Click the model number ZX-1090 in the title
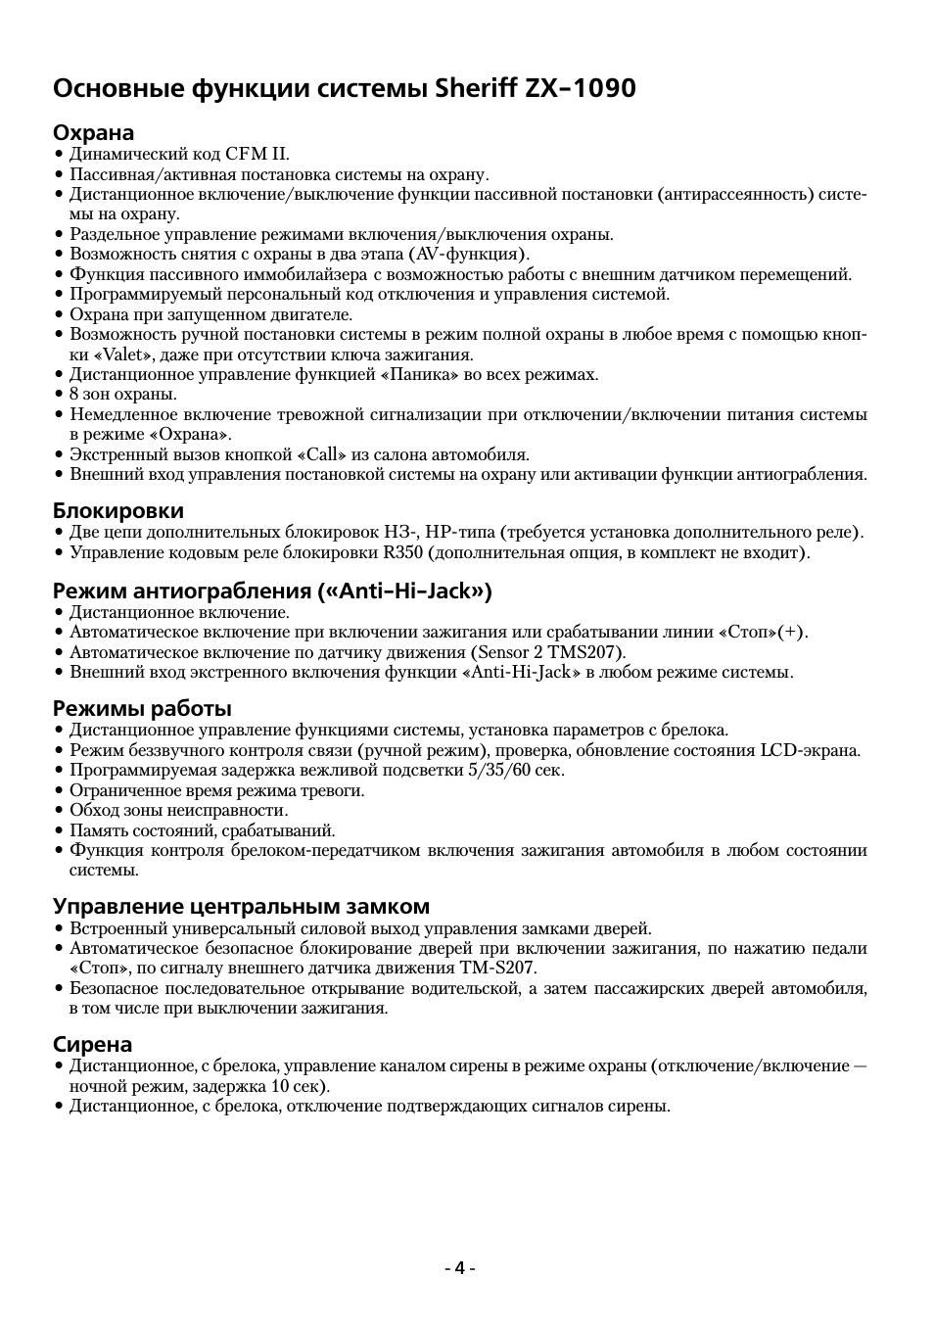pyautogui.click(x=581, y=88)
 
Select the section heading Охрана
pyautogui.click(x=93, y=132)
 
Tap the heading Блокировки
pyautogui.click(x=117, y=510)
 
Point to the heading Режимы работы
pyautogui.click(x=142, y=708)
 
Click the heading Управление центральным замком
pyautogui.click(x=241, y=906)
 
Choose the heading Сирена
pyautogui.click(x=92, y=1044)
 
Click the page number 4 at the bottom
pyautogui.click(x=458, y=1268)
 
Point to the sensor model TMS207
pyautogui.click(x=584, y=652)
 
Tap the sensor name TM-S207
pyautogui.click(x=496, y=968)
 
